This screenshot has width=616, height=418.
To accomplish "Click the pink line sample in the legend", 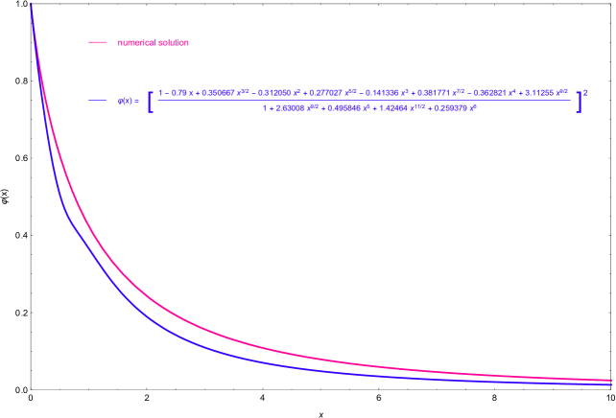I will pos(97,42).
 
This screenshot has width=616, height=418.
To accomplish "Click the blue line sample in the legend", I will pos(97,101).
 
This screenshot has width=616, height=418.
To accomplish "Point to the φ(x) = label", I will pos(129,101).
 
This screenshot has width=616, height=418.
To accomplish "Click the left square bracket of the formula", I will pos(151,101).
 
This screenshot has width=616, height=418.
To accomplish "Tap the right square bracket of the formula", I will pos(579,101).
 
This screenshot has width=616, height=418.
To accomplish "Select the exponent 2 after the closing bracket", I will pos(585,92).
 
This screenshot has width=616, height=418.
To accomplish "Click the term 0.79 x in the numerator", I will pos(179,93).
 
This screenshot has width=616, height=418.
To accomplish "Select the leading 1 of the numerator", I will pos(161,93).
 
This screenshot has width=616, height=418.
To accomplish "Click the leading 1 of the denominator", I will pos(264,107).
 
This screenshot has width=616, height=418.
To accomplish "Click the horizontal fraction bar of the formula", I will pos(365,101).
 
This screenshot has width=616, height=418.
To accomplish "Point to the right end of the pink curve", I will pos(610,380).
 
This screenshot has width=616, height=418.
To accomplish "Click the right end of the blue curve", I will pos(610,385).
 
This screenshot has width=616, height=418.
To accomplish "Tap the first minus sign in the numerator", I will pos(168,93).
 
